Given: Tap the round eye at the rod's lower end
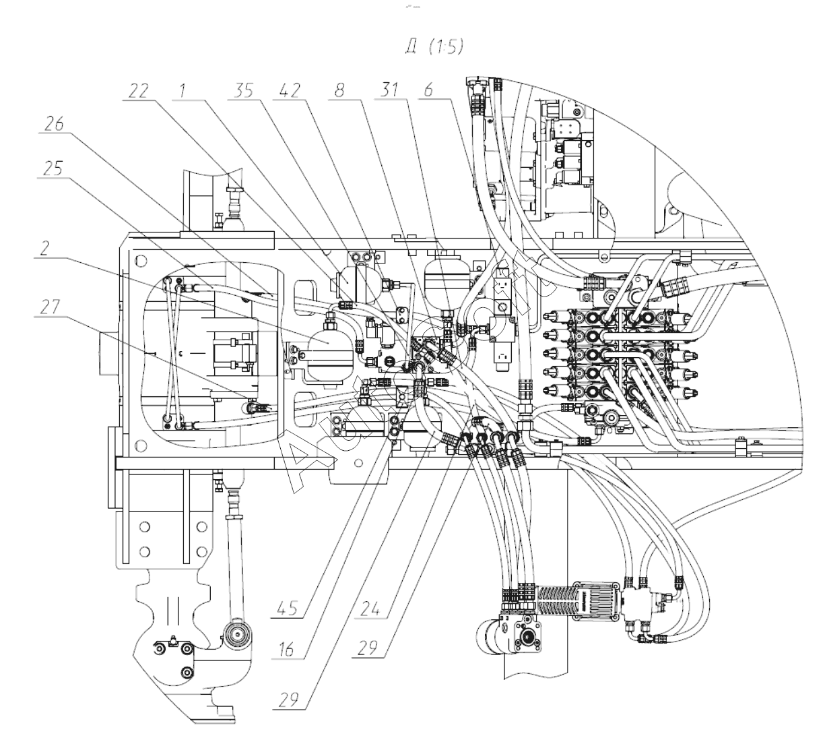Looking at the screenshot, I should coord(236,635).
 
